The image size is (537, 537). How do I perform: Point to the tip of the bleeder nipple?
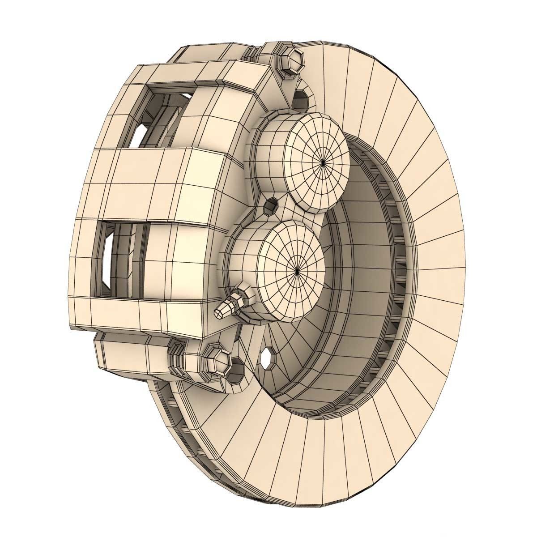click(x=219, y=313)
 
